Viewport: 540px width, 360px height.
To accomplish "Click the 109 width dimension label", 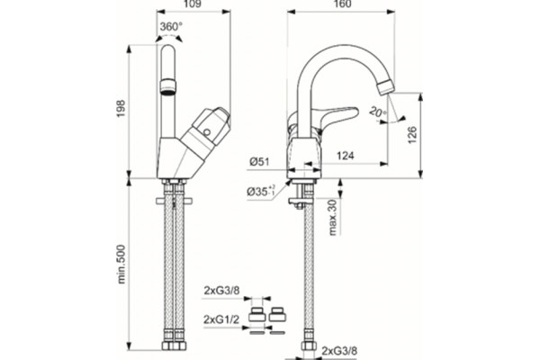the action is pyautogui.click(x=193, y=4).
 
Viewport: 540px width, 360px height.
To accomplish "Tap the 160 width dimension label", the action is pyautogui.click(x=342, y=4).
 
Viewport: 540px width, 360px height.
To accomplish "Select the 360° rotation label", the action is pyautogui.click(x=171, y=26).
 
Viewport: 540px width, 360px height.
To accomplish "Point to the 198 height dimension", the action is pyautogui.click(x=121, y=109).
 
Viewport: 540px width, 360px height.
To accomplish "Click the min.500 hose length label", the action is pyautogui.click(x=121, y=265).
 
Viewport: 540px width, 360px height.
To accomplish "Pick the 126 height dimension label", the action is pyautogui.click(x=412, y=135).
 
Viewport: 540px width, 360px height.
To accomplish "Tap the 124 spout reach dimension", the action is pyautogui.click(x=345, y=156).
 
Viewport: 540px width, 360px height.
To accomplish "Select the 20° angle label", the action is pyautogui.click(x=377, y=112).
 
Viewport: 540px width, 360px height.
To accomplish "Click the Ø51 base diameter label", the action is pyautogui.click(x=260, y=161).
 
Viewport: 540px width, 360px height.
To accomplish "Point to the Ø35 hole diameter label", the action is pyautogui.click(x=261, y=191).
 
